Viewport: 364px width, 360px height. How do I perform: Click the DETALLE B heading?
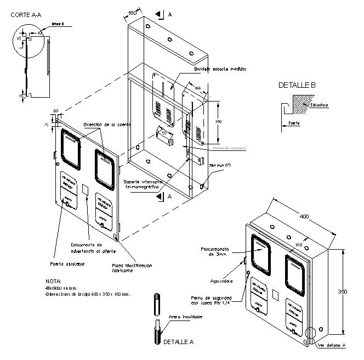[297, 85]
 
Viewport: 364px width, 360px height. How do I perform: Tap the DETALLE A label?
[178, 342]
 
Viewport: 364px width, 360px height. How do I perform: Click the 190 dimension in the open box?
[218, 121]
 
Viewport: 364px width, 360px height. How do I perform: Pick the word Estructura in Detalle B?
[318, 104]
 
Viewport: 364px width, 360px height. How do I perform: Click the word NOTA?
[54, 282]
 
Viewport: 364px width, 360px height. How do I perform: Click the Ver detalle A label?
[332, 345]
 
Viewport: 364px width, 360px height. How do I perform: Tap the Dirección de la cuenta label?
[107, 125]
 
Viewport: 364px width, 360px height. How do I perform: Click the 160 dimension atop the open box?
[133, 12]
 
